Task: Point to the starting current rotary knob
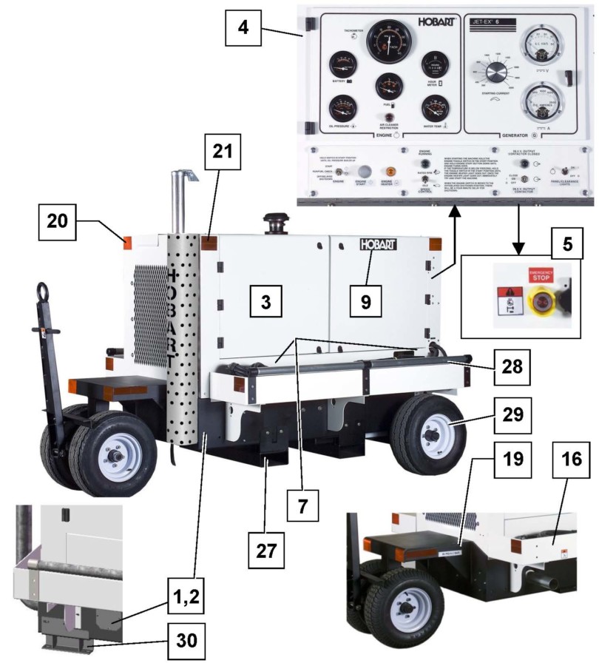(498, 71)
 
